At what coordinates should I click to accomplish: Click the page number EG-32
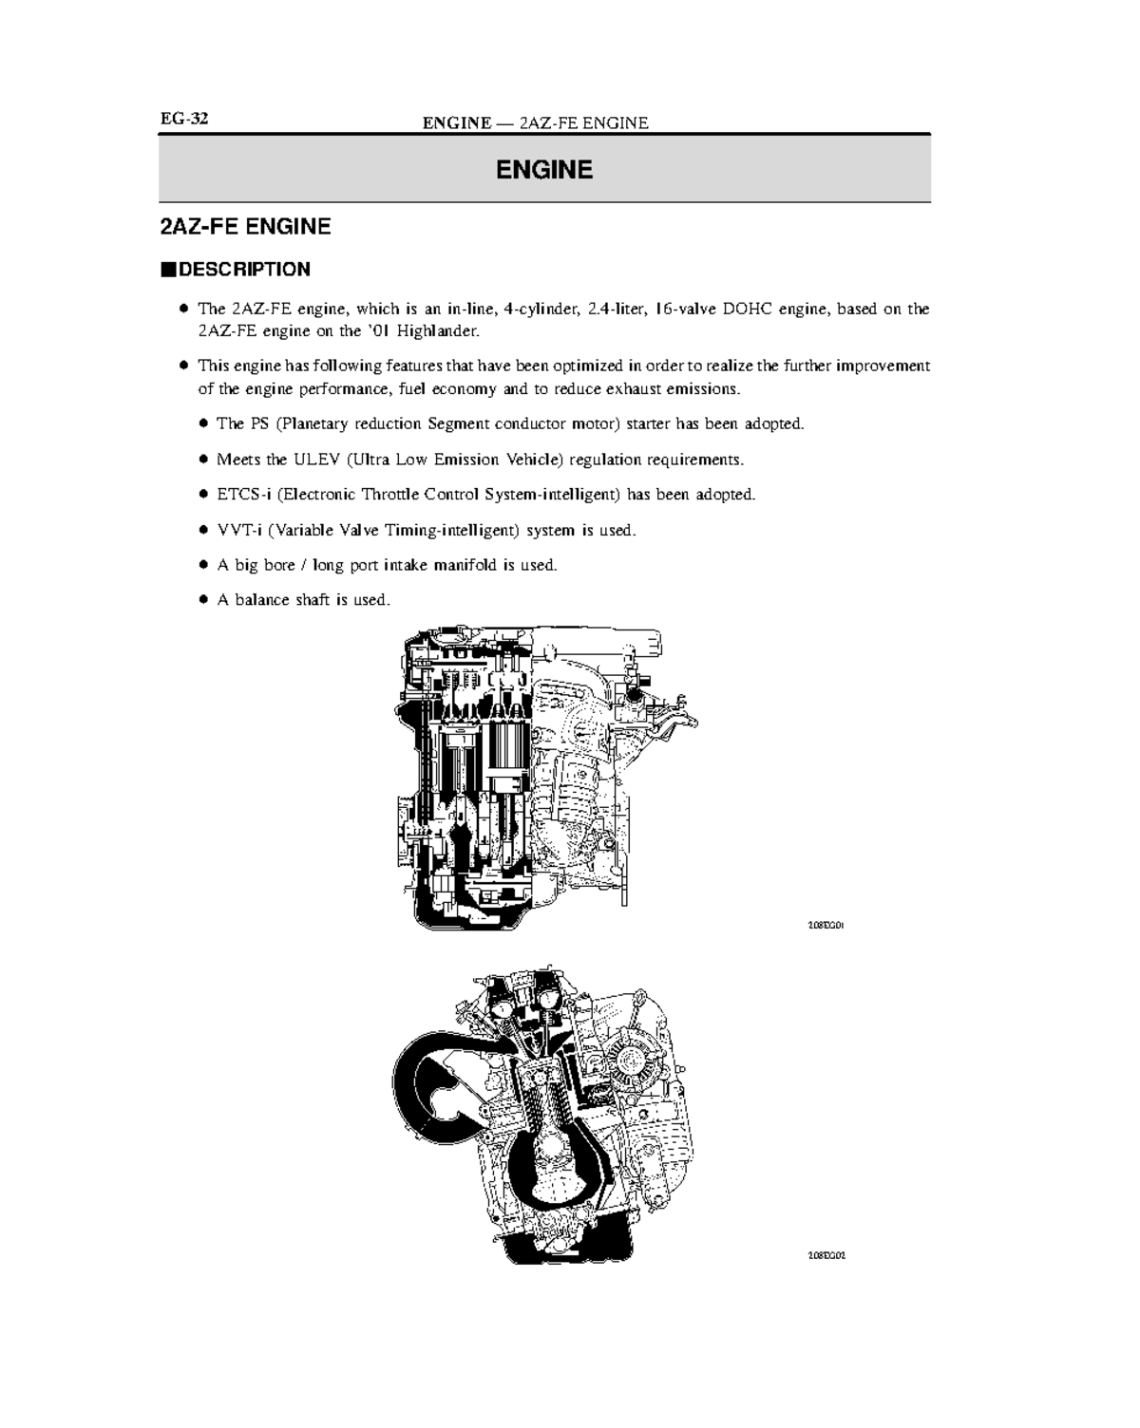pos(183,119)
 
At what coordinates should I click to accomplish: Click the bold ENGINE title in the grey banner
pos(544,170)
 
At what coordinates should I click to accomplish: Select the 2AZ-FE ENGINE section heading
pos(245,227)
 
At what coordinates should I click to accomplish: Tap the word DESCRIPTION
pos(244,270)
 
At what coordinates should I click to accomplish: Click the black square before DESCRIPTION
pos(167,270)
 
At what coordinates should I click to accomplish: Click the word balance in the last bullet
pos(261,600)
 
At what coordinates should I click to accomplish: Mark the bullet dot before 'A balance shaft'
pos(202,600)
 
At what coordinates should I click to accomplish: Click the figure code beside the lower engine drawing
pos(826,1255)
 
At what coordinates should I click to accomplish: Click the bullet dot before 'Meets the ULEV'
pos(202,460)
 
